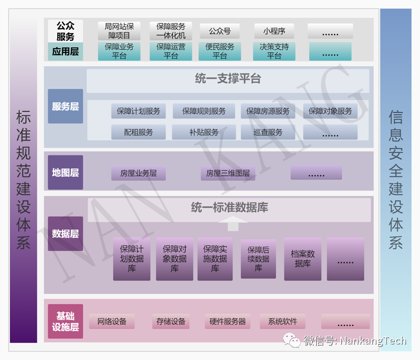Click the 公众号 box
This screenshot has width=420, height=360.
(x=219, y=31)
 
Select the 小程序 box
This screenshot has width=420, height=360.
(x=274, y=31)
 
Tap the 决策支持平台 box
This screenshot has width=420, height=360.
(x=274, y=51)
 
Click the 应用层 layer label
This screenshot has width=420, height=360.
(x=66, y=51)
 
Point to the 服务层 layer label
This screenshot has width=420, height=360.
(x=66, y=106)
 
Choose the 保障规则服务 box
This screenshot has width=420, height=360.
(x=204, y=111)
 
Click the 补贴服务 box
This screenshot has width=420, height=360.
(x=204, y=132)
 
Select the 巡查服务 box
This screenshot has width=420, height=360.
(x=268, y=132)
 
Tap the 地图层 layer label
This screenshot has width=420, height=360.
(x=66, y=172)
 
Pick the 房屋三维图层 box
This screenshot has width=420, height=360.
(x=228, y=173)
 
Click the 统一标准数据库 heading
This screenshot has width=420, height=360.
(x=229, y=208)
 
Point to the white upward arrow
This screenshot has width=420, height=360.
(x=233, y=224)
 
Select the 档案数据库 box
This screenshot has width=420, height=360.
(x=302, y=258)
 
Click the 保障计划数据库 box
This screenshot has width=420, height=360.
(x=132, y=258)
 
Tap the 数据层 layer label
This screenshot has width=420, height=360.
(x=66, y=234)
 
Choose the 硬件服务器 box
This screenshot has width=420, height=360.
(x=228, y=322)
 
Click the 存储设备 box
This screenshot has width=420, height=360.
(x=170, y=322)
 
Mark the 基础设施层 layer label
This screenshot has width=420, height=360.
(x=66, y=321)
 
